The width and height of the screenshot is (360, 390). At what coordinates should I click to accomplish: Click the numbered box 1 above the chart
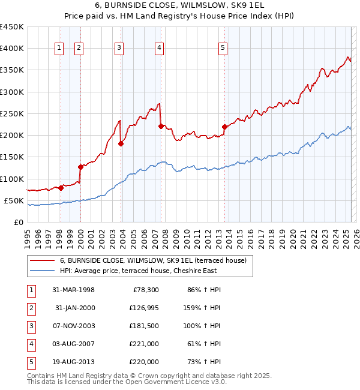[60, 49]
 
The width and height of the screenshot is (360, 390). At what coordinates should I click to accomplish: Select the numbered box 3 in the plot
[119, 49]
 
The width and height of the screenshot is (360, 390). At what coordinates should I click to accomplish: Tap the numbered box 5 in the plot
[223, 49]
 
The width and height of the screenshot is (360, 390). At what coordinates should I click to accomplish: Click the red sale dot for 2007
[161, 126]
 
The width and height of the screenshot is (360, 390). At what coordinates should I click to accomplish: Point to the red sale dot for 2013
[224, 127]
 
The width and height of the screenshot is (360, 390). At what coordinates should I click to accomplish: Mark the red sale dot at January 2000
[80, 167]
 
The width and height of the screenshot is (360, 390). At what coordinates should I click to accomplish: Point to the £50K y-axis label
[14, 200]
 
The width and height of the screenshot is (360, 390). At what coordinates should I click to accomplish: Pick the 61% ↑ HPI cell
[203, 344]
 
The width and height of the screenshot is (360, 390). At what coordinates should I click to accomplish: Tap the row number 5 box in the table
[31, 362]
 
